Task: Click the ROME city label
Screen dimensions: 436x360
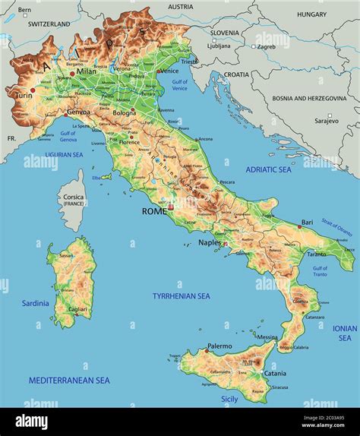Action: point(153,211)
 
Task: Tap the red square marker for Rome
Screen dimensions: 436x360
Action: point(171,207)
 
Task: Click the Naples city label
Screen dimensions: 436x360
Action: point(210,242)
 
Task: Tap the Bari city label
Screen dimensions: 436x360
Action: point(307,223)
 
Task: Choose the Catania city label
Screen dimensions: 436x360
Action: point(275,373)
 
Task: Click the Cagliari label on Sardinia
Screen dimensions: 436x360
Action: point(77,309)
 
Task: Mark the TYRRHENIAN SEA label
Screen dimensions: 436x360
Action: point(182,296)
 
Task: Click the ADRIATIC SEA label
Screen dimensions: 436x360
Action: point(267,171)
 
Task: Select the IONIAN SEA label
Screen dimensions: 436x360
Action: point(345,333)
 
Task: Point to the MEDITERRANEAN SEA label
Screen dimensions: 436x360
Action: point(69,380)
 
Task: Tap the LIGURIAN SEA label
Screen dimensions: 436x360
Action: point(64,154)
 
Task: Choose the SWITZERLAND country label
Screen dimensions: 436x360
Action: point(49,24)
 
